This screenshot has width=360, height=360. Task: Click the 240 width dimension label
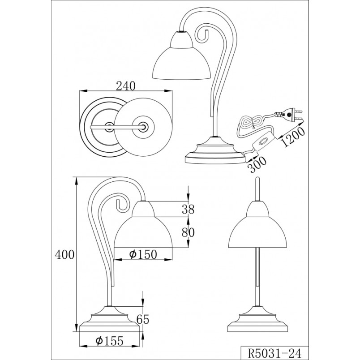[126, 86]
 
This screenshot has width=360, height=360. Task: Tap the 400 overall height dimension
[65, 255]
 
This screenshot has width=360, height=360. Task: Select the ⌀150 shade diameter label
[143, 254]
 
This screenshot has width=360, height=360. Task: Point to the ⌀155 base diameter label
[110, 341]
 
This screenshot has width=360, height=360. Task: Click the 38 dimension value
[188, 209]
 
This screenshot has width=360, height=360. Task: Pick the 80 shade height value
[188, 232]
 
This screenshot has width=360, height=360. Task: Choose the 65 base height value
[143, 319]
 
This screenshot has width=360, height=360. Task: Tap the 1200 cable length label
[293, 137]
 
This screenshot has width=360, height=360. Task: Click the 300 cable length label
[257, 164]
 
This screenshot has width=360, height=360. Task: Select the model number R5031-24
[274, 353]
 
